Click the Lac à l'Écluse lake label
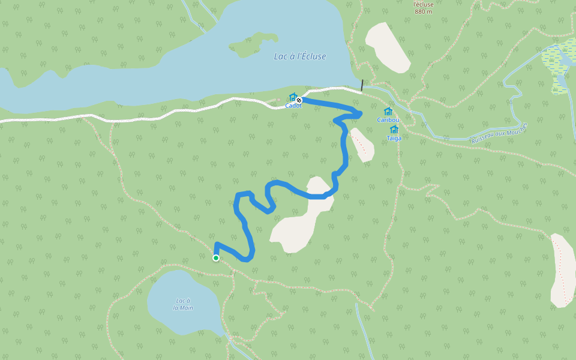coord(299,56)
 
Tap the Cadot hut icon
coord(293,97)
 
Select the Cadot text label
coord(293,106)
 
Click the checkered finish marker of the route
coord(299,100)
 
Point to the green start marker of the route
coord(216,258)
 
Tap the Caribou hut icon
coord(388,111)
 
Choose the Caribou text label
coord(388,119)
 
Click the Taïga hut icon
coord(394,129)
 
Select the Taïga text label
coord(394,137)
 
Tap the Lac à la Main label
coord(183,304)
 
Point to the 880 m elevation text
coord(423,11)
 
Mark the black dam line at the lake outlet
coord(362,86)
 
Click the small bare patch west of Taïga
coord(362,145)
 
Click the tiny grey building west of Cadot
coord(278,100)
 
